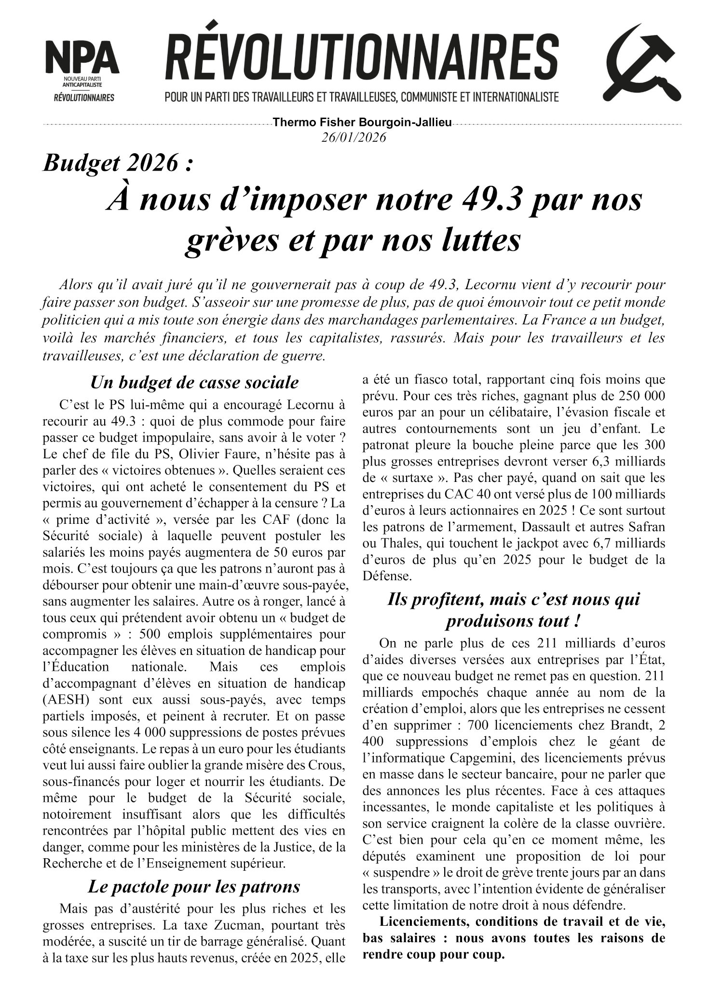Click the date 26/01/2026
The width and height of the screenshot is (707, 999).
point(354,137)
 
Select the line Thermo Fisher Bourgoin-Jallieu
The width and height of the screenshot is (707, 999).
point(362,122)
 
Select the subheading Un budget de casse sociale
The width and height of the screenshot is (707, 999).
point(194,383)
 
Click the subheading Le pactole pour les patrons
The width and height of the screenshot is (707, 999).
point(194,886)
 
